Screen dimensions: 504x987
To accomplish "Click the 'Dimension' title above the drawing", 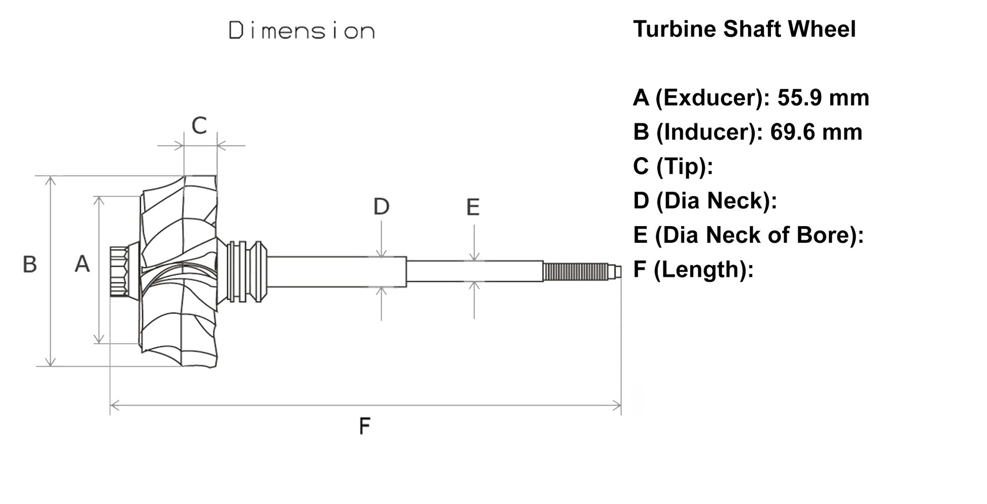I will click(302, 31).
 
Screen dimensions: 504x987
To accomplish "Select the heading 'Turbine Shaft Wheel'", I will click(744, 29).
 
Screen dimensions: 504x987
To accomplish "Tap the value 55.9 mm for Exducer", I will click(823, 97).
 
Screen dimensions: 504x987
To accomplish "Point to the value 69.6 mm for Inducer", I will click(816, 132).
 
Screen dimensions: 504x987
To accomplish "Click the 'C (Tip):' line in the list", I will click(673, 166).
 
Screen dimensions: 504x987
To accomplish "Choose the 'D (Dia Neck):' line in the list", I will click(704, 201).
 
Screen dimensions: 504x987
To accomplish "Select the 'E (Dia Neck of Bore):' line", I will click(748, 235).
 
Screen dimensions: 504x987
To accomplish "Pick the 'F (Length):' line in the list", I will click(693, 269).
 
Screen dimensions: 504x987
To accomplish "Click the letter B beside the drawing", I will click(30, 265).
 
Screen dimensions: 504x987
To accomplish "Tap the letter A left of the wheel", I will click(82, 264).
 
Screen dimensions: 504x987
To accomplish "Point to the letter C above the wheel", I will click(199, 125).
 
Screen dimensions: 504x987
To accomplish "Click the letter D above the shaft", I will click(381, 206).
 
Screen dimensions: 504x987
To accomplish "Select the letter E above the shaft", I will click(473, 207).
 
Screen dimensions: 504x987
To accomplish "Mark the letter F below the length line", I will click(364, 426).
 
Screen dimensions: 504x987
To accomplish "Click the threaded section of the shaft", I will click(576, 272).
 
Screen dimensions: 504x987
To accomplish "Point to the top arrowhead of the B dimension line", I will click(50, 181).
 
